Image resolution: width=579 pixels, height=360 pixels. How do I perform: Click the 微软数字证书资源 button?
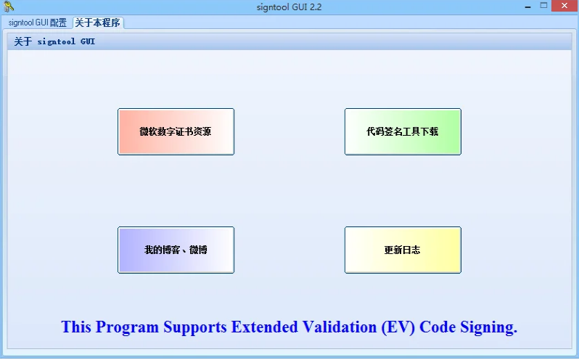(x=176, y=131)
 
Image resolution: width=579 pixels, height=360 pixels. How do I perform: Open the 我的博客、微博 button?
(x=176, y=250)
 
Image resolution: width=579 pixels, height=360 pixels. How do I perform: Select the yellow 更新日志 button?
(x=403, y=250)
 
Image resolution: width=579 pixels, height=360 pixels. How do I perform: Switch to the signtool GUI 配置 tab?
(x=38, y=22)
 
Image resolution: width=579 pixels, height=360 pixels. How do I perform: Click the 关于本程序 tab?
(x=98, y=22)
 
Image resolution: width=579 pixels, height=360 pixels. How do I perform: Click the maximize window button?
(x=543, y=6)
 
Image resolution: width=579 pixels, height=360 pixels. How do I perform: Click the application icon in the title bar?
(x=8, y=7)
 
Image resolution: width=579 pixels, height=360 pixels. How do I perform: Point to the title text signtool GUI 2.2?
(x=289, y=7)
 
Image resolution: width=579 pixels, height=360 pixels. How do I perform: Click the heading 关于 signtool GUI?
(x=54, y=41)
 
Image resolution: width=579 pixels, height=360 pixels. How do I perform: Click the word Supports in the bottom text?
(x=196, y=327)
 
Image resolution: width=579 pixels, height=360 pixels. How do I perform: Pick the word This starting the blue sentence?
(x=76, y=327)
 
